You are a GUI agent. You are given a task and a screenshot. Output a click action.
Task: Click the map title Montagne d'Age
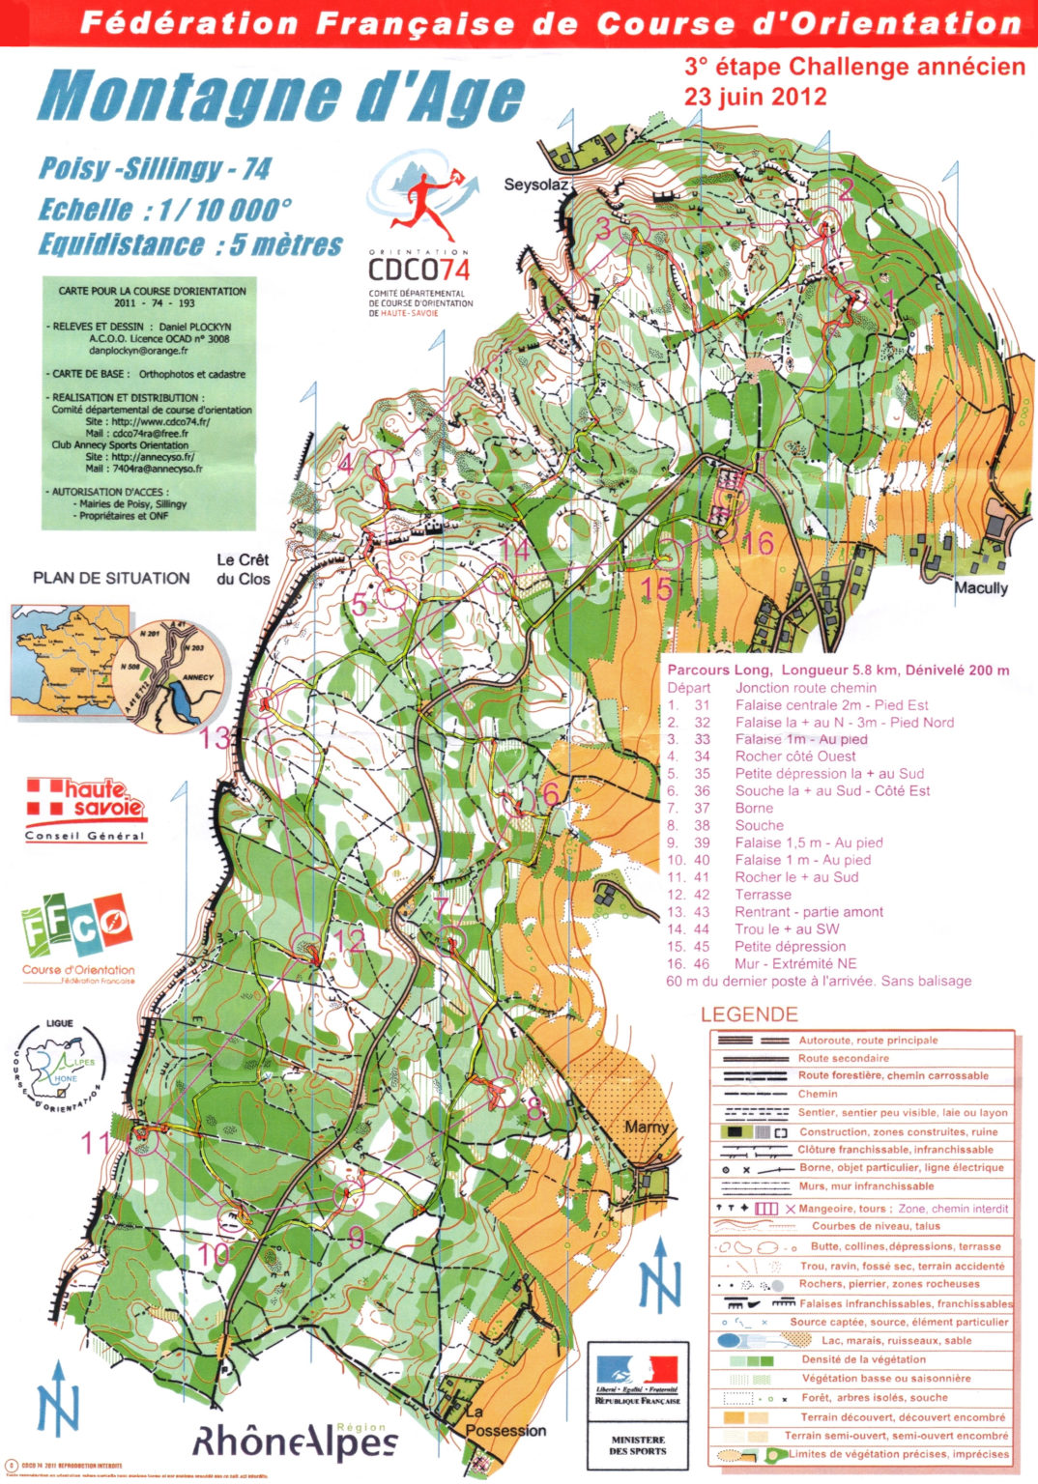tap(280, 98)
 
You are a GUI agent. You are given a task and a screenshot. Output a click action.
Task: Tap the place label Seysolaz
tap(534, 184)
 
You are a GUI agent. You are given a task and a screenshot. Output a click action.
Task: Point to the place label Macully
tap(980, 587)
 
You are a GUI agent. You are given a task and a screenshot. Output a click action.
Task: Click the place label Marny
tap(646, 1127)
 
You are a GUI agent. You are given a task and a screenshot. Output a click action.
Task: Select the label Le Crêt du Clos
tap(242, 569)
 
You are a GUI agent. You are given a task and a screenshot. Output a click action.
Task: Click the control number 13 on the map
tap(216, 738)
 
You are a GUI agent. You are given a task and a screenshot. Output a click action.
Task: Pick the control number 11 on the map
tap(97, 1144)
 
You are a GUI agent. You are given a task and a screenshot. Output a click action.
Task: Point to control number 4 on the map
tap(345, 465)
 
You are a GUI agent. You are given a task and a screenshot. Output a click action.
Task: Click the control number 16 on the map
tap(759, 543)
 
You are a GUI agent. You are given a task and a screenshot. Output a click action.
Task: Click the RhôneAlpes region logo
tap(295, 1441)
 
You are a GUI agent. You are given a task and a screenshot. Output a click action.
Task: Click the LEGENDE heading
tap(749, 1014)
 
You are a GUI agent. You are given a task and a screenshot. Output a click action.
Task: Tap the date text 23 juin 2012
tap(755, 97)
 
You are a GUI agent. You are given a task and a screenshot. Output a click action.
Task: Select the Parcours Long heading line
tap(837, 670)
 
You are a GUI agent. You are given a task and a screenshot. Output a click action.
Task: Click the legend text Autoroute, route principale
tap(867, 1041)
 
